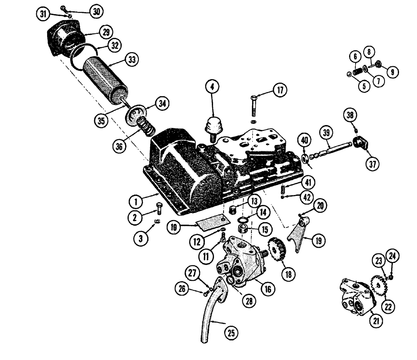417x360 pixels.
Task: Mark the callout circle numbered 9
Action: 392,72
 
